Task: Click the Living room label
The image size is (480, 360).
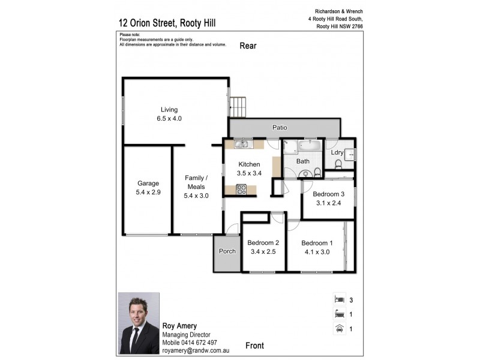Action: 169,109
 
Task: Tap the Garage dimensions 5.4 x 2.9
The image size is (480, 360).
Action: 148,193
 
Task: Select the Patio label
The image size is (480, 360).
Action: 280,128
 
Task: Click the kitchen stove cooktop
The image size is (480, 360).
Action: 242,189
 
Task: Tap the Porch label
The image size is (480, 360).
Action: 227,251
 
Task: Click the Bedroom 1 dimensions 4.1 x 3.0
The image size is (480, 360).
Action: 316,252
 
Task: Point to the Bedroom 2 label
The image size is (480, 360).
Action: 263,243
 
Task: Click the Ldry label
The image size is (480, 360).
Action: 337,152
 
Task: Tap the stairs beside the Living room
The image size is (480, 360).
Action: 239,106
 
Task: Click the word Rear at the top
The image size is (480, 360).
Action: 249,46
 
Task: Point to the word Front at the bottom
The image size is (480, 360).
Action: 256,345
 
